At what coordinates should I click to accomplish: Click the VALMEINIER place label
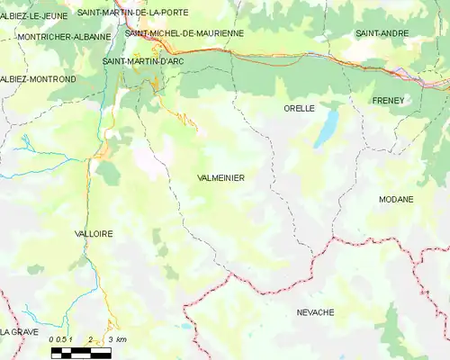[x=220, y=178]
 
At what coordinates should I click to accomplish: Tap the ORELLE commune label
[x=299, y=108]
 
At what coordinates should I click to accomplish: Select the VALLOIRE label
[x=94, y=233]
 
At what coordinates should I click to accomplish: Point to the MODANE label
[x=396, y=199]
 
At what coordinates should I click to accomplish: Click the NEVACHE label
[x=315, y=312]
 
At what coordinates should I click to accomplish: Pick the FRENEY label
[x=391, y=99]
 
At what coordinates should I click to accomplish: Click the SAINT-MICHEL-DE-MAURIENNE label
[x=184, y=33]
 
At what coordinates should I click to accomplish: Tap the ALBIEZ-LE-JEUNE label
[x=33, y=15]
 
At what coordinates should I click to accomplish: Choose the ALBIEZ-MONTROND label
[x=38, y=79]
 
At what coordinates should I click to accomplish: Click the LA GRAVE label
[x=19, y=331]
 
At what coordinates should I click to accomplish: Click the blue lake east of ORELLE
[x=326, y=129]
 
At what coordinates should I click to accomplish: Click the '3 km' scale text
[x=116, y=340]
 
